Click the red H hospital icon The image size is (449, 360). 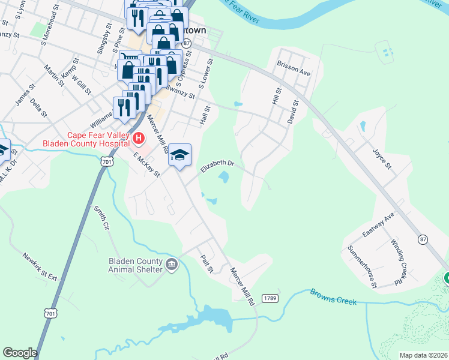(x=139, y=139)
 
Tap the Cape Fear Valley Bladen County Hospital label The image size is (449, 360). (x=86, y=139)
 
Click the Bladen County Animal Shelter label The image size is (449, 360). (x=136, y=265)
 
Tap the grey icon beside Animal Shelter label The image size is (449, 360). (x=172, y=265)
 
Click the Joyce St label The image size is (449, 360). (x=382, y=157)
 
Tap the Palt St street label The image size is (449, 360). (x=206, y=262)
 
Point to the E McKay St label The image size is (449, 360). (x=146, y=165)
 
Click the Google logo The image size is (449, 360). (x=20, y=353)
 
